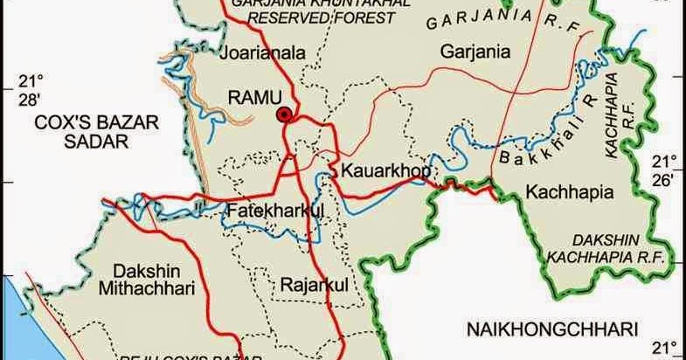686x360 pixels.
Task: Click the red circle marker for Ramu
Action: click(x=283, y=114)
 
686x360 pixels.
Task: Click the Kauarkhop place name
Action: click(x=385, y=170)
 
